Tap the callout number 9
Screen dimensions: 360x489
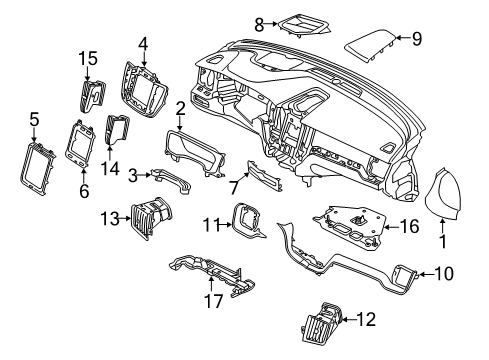coord(417,39)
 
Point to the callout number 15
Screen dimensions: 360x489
coord(88,59)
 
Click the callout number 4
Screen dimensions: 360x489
coord(144,44)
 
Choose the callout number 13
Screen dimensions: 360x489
coord(108,217)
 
